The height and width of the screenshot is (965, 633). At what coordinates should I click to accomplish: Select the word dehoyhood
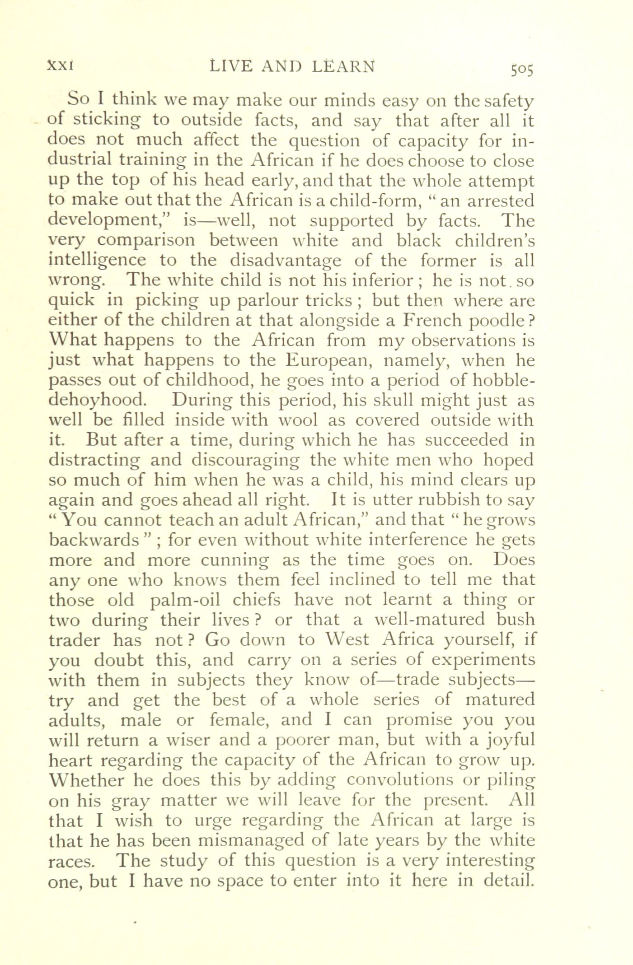97,400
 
